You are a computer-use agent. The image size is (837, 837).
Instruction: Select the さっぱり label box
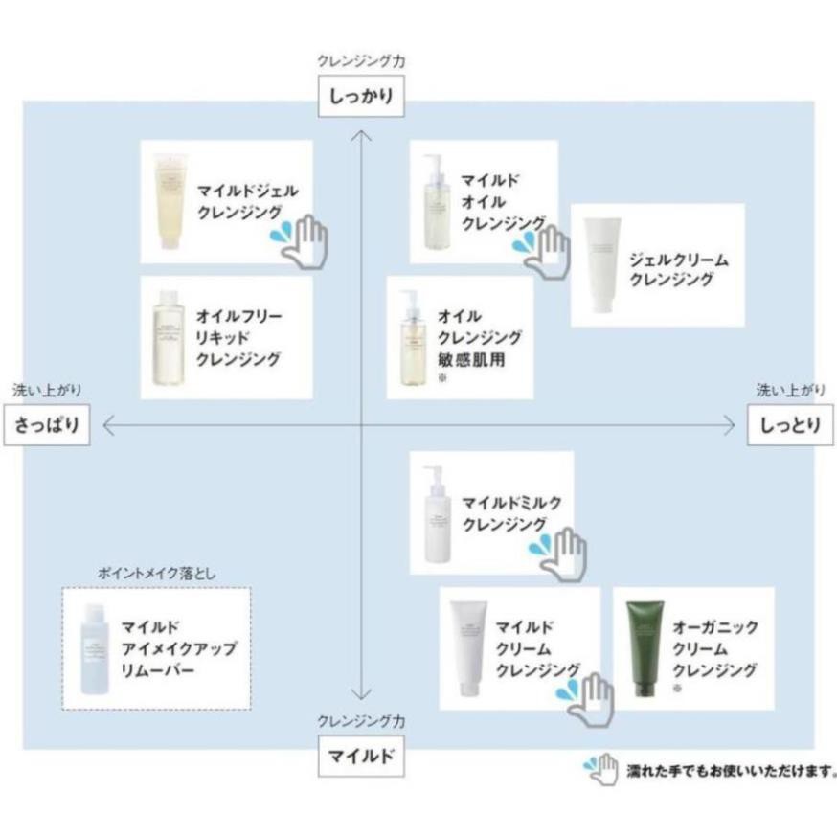coord(47,424)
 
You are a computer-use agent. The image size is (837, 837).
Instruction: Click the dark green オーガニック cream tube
coord(643,648)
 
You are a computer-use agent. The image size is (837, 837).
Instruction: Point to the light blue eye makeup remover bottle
coord(96,648)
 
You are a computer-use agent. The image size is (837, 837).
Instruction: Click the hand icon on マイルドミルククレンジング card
coord(559,553)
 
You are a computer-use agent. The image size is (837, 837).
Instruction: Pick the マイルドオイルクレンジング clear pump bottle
coord(433,203)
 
